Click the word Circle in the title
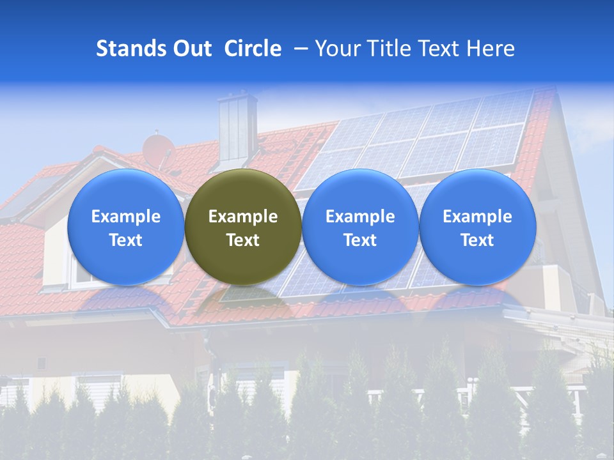point(253,49)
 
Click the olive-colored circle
point(243,227)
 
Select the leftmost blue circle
point(126,227)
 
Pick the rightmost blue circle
point(478,227)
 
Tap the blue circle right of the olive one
point(360,227)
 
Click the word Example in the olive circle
point(243,217)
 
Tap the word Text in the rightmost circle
point(478,240)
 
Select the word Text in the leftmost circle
point(126,240)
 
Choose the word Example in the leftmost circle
point(126,217)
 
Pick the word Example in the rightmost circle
point(478,217)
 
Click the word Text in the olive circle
point(243,240)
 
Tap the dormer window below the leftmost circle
point(83,272)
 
